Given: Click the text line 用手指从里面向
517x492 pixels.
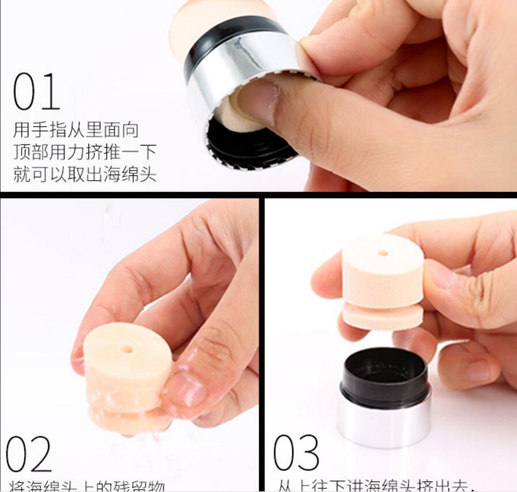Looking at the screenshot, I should [x=76, y=130].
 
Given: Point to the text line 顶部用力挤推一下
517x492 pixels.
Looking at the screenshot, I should [x=85, y=152].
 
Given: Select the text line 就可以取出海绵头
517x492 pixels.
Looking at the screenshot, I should [x=85, y=174].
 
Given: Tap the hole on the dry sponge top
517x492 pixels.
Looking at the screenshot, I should [x=382, y=252].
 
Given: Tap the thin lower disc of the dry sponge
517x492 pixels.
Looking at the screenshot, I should [x=383, y=316].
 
